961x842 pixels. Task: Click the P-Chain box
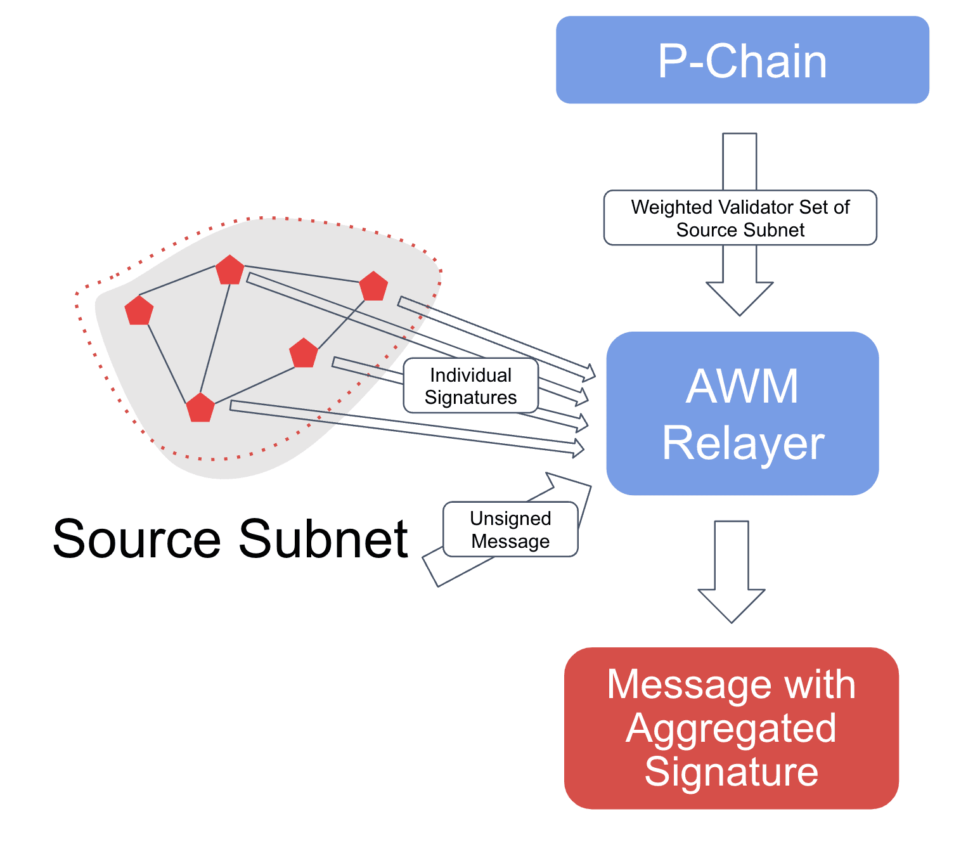coord(742,60)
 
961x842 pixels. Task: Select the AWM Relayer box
coord(742,413)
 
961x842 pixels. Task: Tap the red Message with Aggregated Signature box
coord(732,728)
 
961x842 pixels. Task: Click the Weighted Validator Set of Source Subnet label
coord(740,217)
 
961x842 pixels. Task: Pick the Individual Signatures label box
coord(470,385)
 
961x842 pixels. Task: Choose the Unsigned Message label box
coord(510,529)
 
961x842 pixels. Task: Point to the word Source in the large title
coord(136,539)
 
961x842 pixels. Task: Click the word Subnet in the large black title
coord(323,539)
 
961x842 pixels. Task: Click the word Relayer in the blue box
coord(743,443)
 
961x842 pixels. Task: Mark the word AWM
coord(742,386)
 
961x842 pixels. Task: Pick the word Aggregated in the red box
coord(731,728)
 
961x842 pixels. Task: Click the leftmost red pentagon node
coord(139,311)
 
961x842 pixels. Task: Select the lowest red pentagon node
coord(200,408)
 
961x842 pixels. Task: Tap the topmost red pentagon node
coord(229,270)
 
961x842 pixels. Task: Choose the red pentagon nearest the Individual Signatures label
coord(304,353)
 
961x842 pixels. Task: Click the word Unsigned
coord(510,519)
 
